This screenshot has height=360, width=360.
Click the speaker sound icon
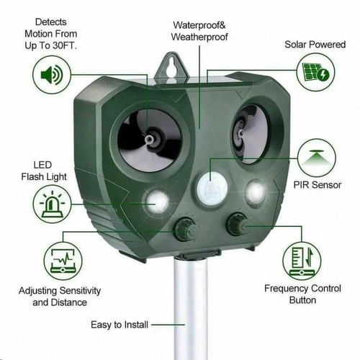52,75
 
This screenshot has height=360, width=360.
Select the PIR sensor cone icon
317,158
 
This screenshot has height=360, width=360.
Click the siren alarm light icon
52,204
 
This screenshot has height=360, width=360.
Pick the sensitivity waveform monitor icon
63,261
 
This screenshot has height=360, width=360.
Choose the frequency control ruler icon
302,261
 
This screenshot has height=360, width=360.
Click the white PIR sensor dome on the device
212,189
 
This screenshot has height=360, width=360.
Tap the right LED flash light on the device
256,192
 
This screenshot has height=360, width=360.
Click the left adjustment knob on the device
186,230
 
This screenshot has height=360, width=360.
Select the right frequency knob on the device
237,224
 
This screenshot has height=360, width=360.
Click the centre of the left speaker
149,140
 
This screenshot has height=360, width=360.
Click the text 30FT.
64,45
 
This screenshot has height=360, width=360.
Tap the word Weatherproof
199,37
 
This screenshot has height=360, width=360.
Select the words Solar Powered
315,45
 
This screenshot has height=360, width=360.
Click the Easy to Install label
120,325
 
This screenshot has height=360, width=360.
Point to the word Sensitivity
80,291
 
